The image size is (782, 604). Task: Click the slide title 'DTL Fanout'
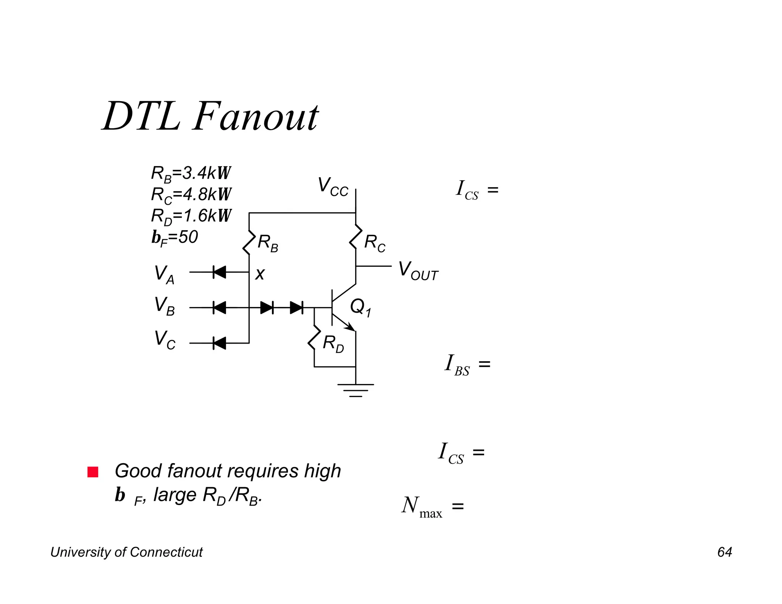pyautogui.click(x=210, y=116)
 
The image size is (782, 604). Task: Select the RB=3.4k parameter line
pyautogui.click(x=191, y=173)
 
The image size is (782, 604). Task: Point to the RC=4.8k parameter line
pyautogui.click(x=191, y=195)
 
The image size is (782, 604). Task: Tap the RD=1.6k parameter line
pyautogui.click(x=191, y=216)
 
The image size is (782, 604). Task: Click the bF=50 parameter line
pyautogui.click(x=174, y=237)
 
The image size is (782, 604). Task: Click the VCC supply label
pyautogui.click(x=333, y=187)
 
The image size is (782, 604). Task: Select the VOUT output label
pyautogui.click(x=418, y=271)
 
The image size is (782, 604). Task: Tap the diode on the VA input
pyautogui.click(x=220, y=272)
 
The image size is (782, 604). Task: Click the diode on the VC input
pyautogui.click(x=220, y=343)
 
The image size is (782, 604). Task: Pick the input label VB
pyautogui.click(x=164, y=307)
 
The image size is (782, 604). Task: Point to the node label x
pyautogui.click(x=260, y=274)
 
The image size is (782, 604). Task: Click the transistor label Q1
pyautogui.click(x=360, y=307)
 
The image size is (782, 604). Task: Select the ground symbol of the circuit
pyautogui.click(x=355, y=390)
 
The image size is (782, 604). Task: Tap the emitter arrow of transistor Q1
pyautogui.click(x=349, y=326)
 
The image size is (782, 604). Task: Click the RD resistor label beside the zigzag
pyautogui.click(x=333, y=344)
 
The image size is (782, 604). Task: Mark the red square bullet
pyautogui.click(x=93, y=472)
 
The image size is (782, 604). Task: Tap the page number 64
pyautogui.click(x=724, y=552)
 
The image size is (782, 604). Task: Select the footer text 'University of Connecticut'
pyautogui.click(x=126, y=552)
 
